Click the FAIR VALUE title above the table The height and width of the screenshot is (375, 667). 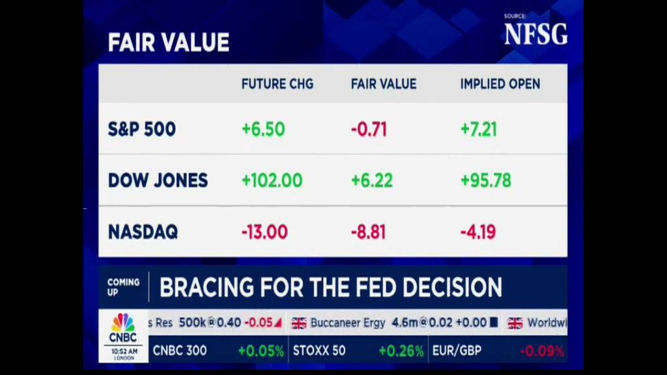(168, 43)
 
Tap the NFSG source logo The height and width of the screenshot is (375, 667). (535, 34)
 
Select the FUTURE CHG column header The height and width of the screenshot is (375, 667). (277, 84)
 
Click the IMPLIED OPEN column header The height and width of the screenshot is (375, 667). (500, 84)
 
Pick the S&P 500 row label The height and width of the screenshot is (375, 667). (141, 129)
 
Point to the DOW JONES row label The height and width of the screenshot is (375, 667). (158, 180)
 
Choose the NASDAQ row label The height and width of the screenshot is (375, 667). (143, 232)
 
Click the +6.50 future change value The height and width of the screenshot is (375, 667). (263, 129)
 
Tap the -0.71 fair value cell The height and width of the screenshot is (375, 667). (369, 129)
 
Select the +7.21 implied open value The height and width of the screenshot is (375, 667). (479, 129)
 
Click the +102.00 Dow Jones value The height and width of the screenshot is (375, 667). (272, 180)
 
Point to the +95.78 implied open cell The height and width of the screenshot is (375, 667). (485, 180)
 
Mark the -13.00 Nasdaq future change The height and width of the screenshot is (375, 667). (264, 232)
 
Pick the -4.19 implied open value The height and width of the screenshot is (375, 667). (478, 232)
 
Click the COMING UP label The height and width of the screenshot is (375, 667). (123, 286)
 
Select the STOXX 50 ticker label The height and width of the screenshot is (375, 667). (319, 351)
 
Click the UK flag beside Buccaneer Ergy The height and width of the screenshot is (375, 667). (299, 323)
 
